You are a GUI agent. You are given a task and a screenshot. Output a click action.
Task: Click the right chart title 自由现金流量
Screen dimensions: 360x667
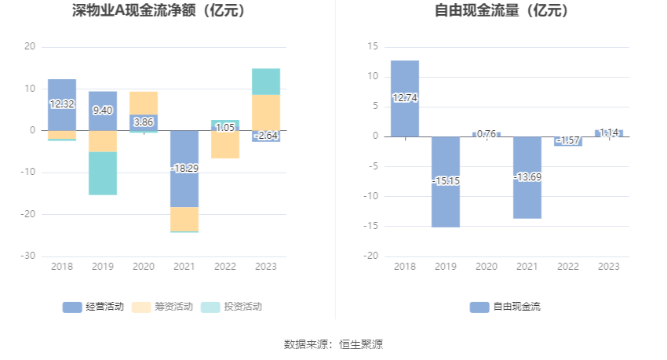point(501,11)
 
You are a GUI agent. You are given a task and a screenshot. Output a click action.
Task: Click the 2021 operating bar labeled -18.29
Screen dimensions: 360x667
point(184,168)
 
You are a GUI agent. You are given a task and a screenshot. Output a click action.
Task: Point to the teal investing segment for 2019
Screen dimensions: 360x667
point(103,173)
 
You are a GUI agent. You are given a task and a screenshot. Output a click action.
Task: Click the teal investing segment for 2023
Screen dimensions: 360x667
point(266,82)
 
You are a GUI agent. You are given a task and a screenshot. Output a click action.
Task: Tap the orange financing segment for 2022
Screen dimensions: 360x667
point(225,145)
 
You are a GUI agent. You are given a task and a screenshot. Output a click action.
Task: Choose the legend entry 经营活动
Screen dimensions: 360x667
point(93,307)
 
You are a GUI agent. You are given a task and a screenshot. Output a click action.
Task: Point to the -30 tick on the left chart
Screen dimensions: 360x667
point(29,256)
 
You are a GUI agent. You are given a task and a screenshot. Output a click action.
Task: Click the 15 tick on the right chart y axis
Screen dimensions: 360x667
point(374,47)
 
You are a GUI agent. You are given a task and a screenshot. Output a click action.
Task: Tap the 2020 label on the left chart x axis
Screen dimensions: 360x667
point(144,267)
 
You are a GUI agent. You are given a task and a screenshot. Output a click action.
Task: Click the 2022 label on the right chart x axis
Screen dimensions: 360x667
point(568,267)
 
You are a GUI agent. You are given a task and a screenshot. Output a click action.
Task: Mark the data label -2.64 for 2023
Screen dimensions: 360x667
point(266,136)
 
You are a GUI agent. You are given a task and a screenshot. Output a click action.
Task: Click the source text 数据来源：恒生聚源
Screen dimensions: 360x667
point(333,344)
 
